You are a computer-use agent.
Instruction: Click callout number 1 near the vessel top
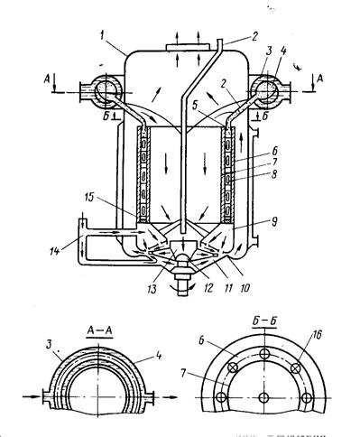(102, 36)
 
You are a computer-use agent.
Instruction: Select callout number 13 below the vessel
(152, 289)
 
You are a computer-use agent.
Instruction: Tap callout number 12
(208, 288)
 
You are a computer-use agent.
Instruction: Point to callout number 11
(228, 288)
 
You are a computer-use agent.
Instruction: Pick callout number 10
(245, 288)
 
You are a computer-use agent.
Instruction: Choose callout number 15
(88, 197)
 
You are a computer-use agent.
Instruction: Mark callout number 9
(273, 222)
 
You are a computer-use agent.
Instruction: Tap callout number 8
(273, 174)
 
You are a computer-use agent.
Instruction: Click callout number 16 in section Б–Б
(316, 335)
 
